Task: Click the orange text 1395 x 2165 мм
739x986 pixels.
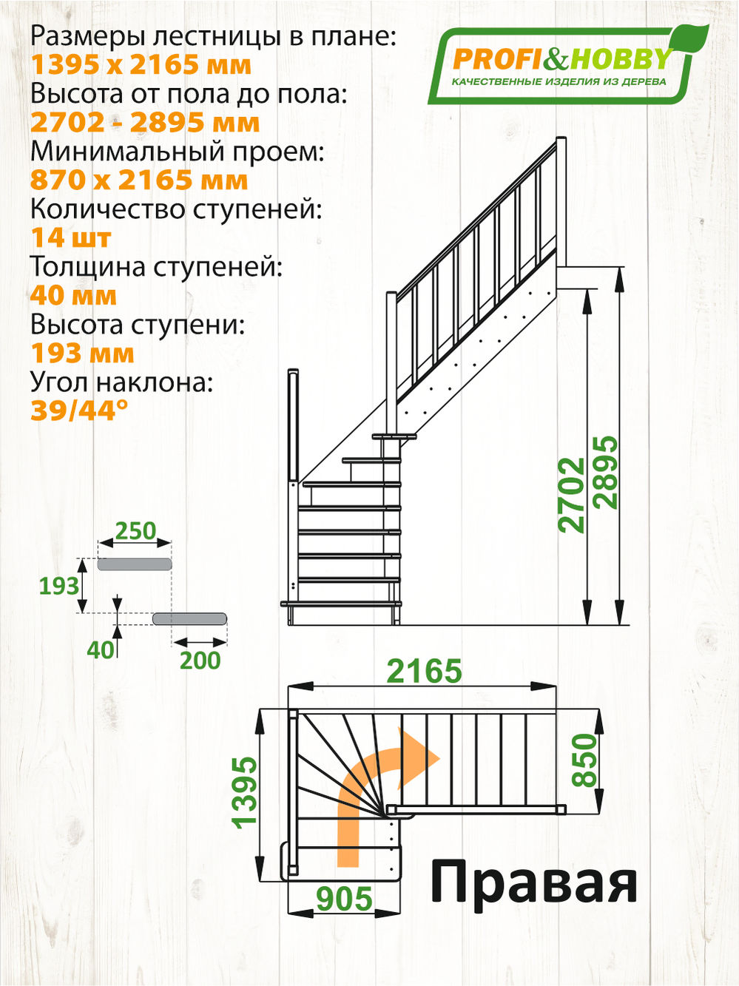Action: (x=141, y=65)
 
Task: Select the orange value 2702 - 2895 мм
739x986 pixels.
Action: (x=145, y=123)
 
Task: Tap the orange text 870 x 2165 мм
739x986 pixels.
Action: (x=139, y=180)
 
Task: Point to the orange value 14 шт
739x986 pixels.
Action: (x=71, y=238)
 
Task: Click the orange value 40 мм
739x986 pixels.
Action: (x=73, y=296)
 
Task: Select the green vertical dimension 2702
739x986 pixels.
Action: (x=573, y=495)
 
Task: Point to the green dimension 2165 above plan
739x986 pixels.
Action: (x=425, y=671)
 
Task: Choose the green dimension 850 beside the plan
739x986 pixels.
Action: (x=584, y=760)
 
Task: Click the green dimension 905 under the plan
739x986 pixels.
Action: (x=344, y=899)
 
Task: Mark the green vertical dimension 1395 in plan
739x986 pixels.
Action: (x=246, y=792)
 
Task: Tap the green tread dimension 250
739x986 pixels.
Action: (x=136, y=530)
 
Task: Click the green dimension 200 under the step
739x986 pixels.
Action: (x=200, y=660)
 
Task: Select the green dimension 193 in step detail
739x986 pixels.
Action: (x=59, y=586)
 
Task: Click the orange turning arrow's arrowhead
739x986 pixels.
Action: (x=425, y=756)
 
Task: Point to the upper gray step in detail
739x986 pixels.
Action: (x=135, y=564)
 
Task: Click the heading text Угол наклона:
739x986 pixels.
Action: (x=121, y=382)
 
